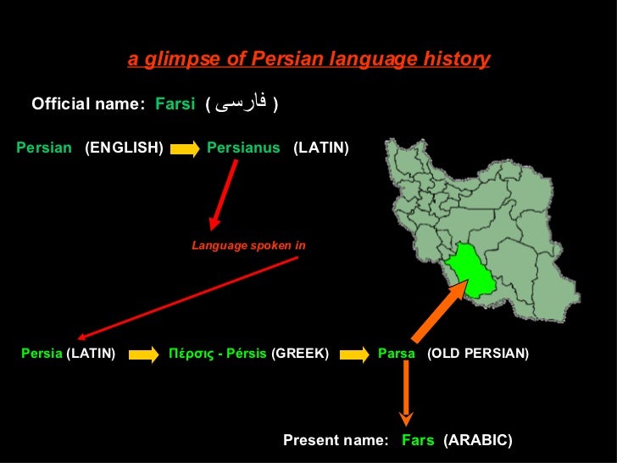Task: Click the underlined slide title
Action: coord(308,59)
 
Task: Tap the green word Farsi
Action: coord(175,104)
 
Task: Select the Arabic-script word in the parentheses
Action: coord(242,104)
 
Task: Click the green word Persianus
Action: coord(243,148)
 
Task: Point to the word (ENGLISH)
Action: coord(124,148)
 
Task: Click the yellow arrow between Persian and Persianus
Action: coord(185,148)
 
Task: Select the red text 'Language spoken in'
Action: coord(248,246)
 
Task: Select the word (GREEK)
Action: coord(299,353)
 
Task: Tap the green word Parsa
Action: coord(397,353)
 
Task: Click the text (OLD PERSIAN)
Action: coord(478,353)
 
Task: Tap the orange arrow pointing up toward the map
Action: coord(442,308)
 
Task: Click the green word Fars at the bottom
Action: coord(418,440)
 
